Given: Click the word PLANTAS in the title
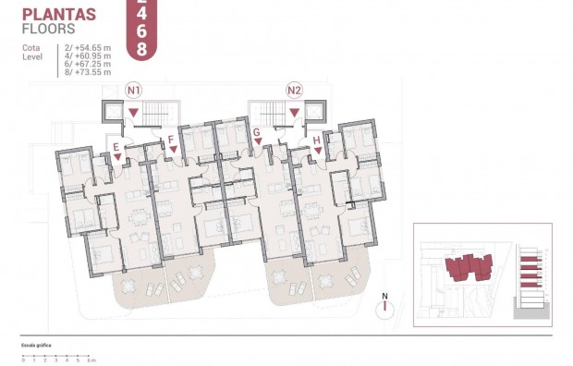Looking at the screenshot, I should (59, 13).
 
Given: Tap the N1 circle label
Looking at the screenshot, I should (134, 91).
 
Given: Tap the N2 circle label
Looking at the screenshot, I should (295, 91).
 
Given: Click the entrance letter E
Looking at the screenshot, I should (116, 147).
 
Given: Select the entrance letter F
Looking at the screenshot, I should (172, 140).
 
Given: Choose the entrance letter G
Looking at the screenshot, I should (256, 133).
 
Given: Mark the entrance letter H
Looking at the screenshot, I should (317, 140).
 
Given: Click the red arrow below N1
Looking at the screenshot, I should (134, 113).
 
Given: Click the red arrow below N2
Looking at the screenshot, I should (295, 113).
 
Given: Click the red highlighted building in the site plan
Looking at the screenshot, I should (467, 268).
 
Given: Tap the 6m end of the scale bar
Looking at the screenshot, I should (93, 360).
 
